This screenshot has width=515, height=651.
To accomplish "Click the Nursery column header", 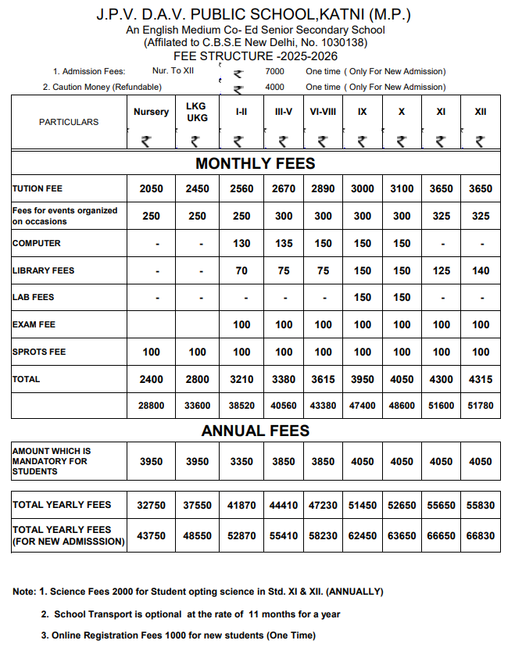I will coord(151,112).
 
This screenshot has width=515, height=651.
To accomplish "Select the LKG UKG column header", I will coord(197,112).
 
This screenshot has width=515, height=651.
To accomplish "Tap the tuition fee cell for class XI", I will coord(441,188).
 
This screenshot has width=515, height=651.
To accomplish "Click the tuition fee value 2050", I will coord(152,188).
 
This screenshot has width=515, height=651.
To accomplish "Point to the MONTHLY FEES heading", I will coord(256,163).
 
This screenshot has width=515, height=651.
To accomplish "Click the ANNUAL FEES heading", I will coord(256,431).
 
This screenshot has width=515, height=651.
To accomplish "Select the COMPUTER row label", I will coord(37,243).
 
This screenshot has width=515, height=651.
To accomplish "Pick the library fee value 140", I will coord(481,270).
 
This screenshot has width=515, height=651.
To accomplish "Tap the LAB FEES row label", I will coord(34,298).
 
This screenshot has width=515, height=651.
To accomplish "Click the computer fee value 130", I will coord(241,243).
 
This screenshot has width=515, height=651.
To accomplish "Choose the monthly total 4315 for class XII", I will coord(481,379).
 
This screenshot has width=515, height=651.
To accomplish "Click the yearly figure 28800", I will coord(152,406).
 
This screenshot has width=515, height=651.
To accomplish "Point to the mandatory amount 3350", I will coord(241,461).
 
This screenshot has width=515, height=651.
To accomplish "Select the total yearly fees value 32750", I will coord(152,506).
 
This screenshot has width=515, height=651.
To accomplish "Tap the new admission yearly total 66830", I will coord(481,535).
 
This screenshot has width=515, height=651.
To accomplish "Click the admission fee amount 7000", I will coord(274,71).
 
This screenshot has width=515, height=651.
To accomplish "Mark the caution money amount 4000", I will coord(274,87).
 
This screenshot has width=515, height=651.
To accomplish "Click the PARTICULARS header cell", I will coord(69,122).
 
